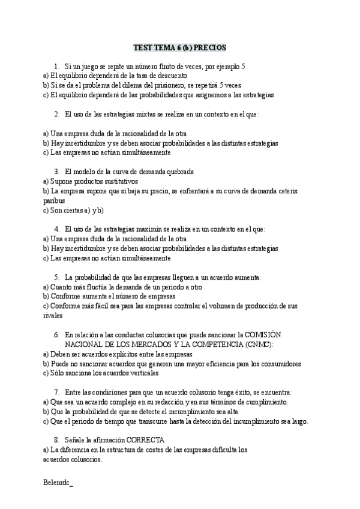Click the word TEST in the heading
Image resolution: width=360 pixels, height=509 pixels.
[x=143, y=47]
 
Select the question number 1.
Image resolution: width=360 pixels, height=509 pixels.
[x=56, y=66]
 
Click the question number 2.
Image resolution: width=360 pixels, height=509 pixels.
[x=56, y=114]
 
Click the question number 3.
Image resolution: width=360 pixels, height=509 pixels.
[x=56, y=171]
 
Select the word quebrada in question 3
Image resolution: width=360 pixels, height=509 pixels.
[x=178, y=171]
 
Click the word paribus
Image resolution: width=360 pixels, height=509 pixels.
[x=54, y=201]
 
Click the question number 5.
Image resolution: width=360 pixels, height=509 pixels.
[x=56, y=277]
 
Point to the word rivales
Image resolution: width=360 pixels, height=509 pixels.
[x=52, y=315]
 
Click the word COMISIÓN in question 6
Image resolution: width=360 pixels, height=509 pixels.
[x=263, y=334]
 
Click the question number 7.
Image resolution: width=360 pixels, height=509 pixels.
[x=56, y=392]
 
